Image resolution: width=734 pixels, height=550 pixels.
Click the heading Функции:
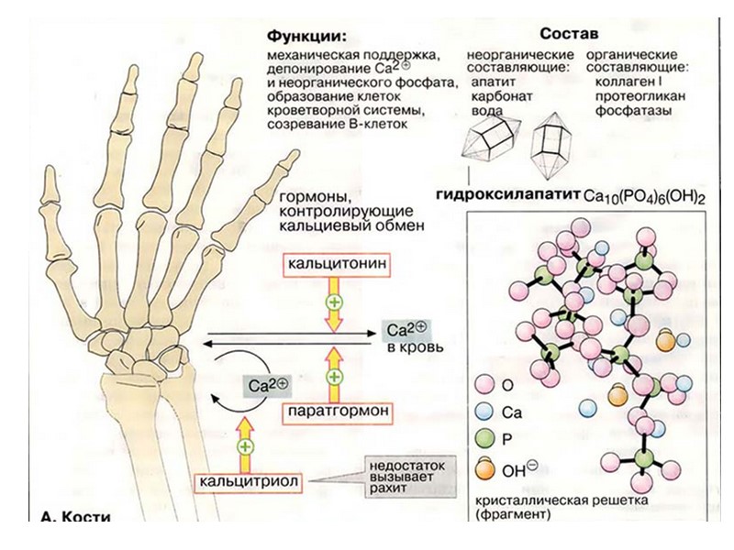point(306,38)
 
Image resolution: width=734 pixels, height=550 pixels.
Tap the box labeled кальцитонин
point(333,264)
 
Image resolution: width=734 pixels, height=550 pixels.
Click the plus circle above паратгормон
point(335,376)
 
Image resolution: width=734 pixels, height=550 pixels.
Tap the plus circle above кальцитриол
point(244,446)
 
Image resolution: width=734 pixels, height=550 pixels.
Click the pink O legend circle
point(485,383)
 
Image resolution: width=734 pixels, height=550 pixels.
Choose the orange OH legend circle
point(485,469)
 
